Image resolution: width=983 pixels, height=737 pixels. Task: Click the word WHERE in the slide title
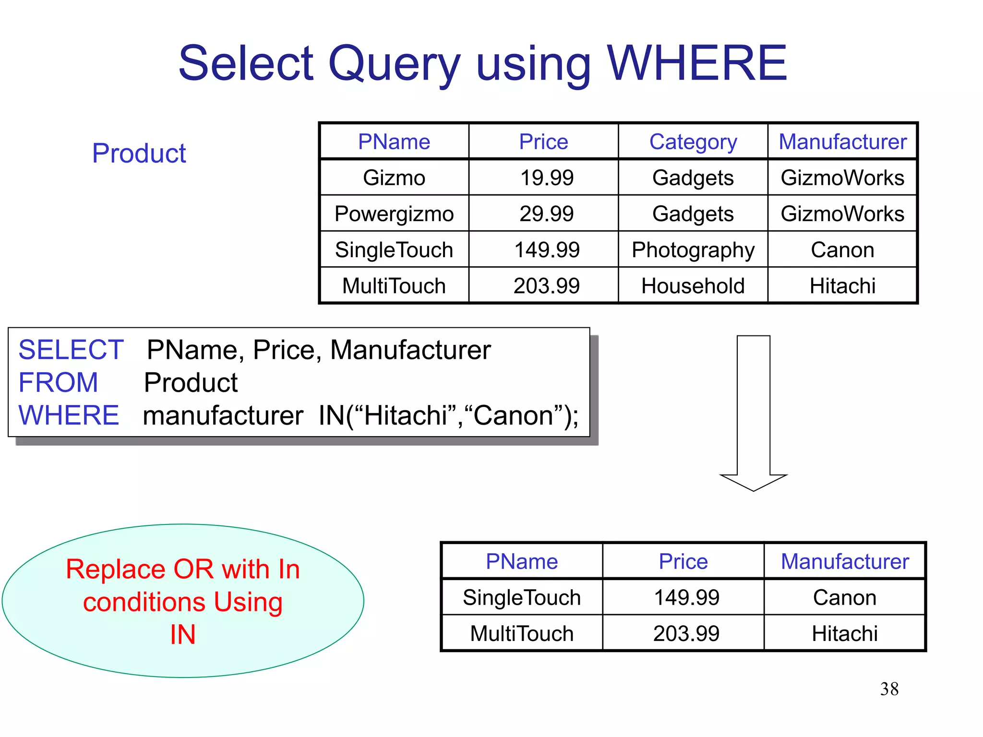click(697, 63)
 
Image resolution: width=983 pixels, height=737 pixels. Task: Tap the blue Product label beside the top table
click(139, 154)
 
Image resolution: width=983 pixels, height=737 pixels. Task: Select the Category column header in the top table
click(693, 142)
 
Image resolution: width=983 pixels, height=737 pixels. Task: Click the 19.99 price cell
click(547, 178)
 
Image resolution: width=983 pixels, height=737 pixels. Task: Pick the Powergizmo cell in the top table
click(394, 214)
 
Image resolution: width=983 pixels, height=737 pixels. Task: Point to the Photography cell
click(693, 250)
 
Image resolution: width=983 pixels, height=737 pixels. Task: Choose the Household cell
click(693, 286)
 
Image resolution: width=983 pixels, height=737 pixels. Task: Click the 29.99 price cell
click(547, 214)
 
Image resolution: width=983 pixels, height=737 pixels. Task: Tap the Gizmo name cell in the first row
click(394, 178)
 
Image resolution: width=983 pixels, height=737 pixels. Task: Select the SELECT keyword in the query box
click(71, 350)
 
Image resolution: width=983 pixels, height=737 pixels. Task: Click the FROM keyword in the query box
click(58, 382)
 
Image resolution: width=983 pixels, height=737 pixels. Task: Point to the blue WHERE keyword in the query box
click(69, 415)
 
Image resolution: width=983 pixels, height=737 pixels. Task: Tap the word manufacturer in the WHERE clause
click(223, 416)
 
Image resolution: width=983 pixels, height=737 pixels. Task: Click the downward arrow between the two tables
click(753, 413)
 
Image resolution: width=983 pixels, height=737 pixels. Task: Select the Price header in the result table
click(683, 561)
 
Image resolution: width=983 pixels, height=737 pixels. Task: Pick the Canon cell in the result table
click(845, 598)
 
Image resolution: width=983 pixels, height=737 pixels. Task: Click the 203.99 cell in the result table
click(686, 634)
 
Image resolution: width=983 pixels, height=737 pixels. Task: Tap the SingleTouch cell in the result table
click(522, 598)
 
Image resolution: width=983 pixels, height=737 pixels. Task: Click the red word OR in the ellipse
click(193, 570)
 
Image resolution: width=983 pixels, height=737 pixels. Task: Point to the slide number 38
click(889, 689)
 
